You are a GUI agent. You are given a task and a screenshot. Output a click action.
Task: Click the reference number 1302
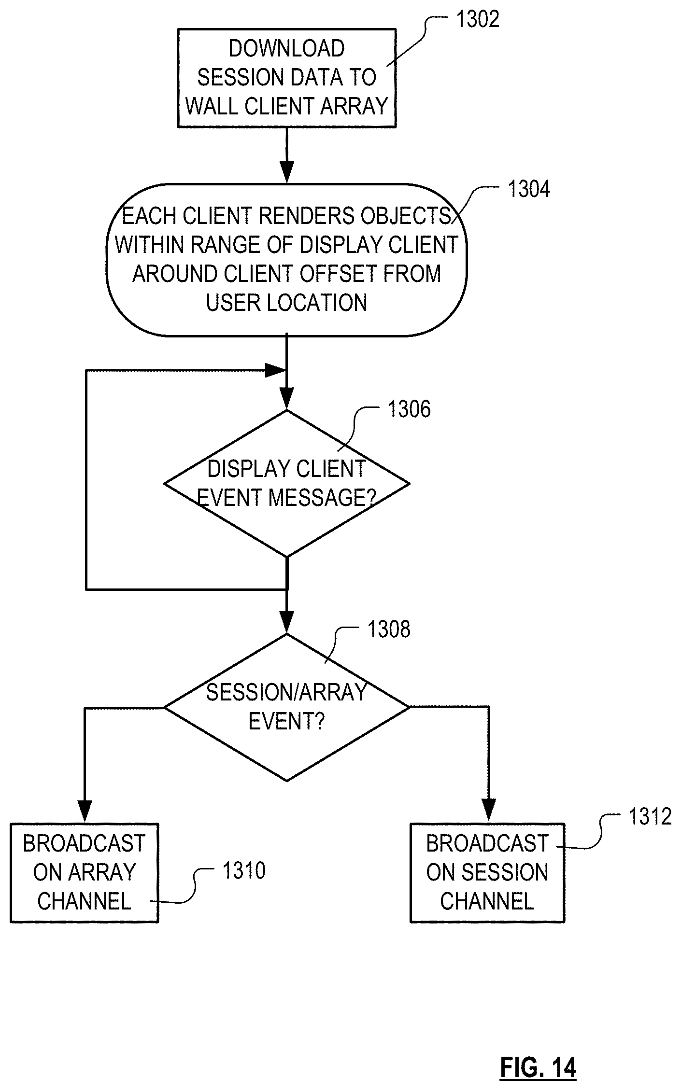477,19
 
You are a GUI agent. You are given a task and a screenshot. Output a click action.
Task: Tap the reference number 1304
528,189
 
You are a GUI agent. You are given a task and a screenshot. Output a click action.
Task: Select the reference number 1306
409,409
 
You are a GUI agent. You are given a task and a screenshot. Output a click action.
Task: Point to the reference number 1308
389,629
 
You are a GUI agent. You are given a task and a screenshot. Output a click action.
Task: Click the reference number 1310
243,871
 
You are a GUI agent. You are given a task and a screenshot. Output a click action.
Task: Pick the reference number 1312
650,817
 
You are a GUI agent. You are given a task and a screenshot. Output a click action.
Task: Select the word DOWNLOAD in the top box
286,48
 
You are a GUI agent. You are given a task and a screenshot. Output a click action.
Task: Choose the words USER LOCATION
286,303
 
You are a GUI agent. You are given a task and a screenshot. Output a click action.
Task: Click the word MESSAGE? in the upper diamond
322,497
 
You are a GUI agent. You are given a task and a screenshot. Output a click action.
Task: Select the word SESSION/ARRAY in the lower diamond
286,692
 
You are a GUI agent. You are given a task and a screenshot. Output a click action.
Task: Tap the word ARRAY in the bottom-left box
101,872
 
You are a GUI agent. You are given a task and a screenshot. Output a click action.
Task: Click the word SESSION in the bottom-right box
505,872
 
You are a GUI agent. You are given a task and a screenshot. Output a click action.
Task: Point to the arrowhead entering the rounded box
287,172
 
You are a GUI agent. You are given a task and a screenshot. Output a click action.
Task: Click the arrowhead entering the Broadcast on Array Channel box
85,811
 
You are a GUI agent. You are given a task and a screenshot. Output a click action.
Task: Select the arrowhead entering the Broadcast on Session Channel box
488,811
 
